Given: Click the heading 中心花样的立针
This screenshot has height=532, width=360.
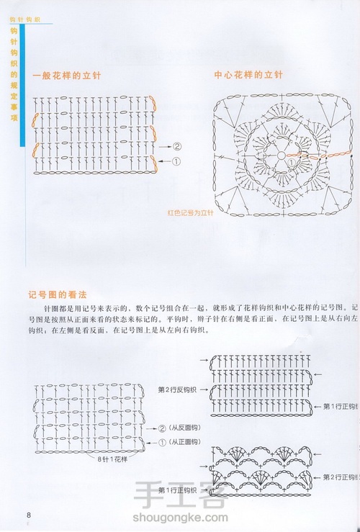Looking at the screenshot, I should (248, 74).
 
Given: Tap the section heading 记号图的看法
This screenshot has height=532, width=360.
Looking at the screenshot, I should (57, 294).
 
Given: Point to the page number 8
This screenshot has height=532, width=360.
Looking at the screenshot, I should (29, 515).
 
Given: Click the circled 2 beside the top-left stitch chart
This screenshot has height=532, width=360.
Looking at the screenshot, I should (177, 146).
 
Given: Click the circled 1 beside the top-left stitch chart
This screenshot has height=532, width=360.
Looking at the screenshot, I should (177, 162).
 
